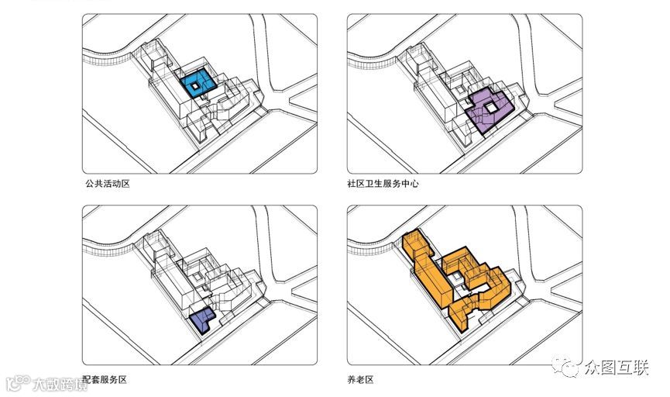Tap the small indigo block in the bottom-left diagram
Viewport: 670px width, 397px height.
point(202,317)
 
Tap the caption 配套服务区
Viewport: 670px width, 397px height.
point(105,380)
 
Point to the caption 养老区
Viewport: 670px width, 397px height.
point(360,380)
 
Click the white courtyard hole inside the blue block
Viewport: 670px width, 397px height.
point(197,87)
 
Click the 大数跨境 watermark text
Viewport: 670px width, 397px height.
point(60,384)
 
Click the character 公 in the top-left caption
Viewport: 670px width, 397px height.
point(89,185)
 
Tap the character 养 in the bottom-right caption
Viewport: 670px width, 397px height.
point(352,380)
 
